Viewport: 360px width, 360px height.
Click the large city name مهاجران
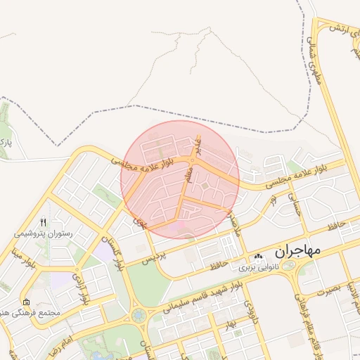(x=297, y=250)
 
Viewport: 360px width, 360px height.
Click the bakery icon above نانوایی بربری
(x=258, y=257)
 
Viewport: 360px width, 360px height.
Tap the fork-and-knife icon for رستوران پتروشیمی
(x=44, y=221)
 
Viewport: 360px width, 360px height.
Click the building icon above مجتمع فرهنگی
(x=26, y=301)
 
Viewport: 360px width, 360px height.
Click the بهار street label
(x=226, y=326)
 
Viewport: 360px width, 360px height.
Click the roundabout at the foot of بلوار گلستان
(x=138, y=316)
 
